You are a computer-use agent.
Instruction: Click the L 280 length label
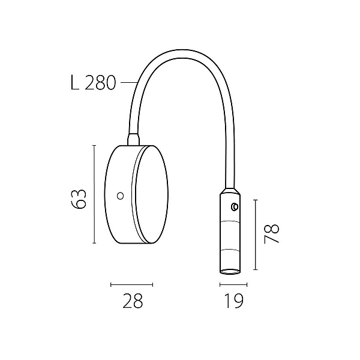(93, 83)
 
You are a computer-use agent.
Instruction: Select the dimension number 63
(79, 199)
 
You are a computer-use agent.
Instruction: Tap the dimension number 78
(272, 233)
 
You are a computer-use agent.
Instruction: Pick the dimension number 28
(133, 301)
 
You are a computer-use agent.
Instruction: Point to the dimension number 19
(233, 301)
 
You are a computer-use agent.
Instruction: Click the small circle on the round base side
(121, 196)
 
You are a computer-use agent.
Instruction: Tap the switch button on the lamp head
(235, 207)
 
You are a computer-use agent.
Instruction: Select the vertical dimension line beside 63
(94, 194)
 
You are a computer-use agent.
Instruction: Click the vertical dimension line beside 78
(256, 235)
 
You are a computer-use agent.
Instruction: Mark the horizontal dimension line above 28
(131, 285)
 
